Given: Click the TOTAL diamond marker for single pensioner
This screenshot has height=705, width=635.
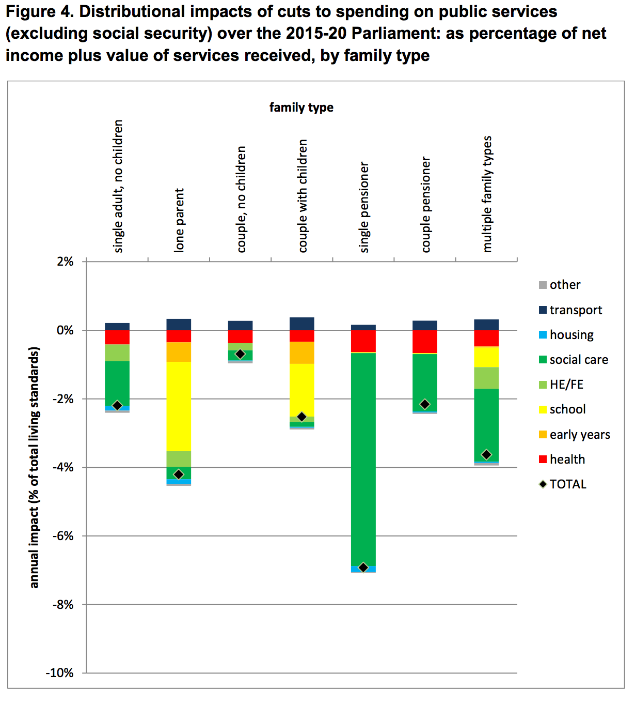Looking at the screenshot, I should (363, 567).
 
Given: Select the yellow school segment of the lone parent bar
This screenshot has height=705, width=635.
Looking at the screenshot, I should (179, 406).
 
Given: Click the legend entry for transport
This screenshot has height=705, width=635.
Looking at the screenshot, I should (575, 310).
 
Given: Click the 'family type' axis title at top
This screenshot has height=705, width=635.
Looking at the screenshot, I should (301, 108).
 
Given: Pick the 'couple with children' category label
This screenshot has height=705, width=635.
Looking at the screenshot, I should (303, 196).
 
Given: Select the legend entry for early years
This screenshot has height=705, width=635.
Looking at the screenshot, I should (579, 435).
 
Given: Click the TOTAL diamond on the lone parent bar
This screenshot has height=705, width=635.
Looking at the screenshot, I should (179, 474).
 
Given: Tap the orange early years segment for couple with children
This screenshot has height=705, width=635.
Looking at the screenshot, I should (301, 352).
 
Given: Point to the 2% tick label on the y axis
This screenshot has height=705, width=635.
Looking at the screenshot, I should (65, 262).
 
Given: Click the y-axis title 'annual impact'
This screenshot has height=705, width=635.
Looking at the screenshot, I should (34, 467).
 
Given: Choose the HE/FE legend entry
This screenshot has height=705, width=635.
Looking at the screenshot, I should (566, 385).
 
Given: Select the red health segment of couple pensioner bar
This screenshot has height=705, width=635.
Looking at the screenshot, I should (424, 342).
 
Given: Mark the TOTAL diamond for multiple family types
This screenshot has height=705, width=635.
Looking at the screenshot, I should (486, 455).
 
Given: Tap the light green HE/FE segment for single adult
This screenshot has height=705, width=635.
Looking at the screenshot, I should (117, 352).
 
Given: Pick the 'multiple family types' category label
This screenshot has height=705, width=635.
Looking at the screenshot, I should (487, 194).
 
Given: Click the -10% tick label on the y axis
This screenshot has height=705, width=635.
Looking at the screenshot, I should (60, 673).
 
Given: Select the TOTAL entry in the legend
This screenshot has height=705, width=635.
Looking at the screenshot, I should (567, 484).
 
